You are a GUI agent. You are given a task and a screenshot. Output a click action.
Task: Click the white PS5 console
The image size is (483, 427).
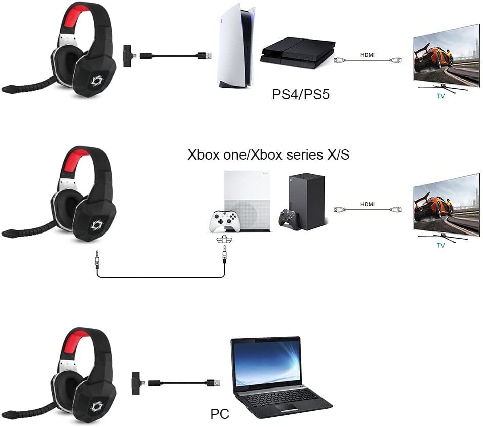pos(235,46)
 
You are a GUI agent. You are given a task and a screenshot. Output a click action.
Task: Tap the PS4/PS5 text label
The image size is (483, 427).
pos(301,94)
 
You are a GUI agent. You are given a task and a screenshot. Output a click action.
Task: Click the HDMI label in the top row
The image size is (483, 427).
pos(368,55)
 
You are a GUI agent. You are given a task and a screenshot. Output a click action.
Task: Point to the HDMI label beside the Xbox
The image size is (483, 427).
pos(368,204)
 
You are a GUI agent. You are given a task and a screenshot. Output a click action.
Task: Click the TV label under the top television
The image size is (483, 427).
pos(441,96)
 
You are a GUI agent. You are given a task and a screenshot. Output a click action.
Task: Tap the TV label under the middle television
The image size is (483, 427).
pos(441,245)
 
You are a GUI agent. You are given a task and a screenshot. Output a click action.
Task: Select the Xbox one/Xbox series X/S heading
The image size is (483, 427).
pos(268,154)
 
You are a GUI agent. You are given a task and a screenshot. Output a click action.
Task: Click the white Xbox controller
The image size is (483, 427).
pos(224,221)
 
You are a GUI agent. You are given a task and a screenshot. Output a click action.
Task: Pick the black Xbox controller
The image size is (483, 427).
pos(289,219)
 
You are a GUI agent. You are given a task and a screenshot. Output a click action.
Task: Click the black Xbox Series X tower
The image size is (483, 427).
pos(306,201)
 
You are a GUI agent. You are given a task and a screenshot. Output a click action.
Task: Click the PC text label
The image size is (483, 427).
pos(220,413)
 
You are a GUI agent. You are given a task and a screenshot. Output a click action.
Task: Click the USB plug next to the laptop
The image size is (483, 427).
pos(213,383)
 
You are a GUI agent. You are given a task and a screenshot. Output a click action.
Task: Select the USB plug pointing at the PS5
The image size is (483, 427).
pos(204,56)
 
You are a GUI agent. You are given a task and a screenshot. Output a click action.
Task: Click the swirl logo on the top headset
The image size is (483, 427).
pos(96,81)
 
